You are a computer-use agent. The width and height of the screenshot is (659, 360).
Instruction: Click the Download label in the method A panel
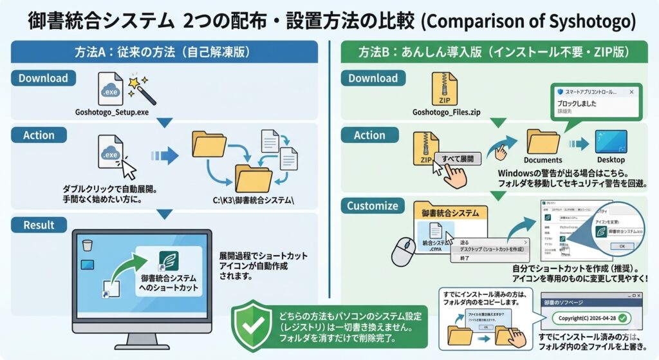tap(43, 79)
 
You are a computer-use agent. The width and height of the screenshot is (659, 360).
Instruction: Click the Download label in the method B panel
tap(373, 79)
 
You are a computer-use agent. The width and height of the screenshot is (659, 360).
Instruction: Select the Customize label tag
tap(373, 207)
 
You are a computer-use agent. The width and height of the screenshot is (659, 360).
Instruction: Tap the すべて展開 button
tap(458, 158)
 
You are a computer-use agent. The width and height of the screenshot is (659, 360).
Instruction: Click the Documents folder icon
tap(543, 141)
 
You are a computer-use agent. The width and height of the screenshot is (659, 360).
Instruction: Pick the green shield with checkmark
tap(251, 325)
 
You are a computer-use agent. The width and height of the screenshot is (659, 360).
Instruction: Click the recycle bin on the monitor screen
tap(89, 245)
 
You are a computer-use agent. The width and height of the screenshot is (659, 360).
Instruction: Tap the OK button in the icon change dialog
tap(621, 245)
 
